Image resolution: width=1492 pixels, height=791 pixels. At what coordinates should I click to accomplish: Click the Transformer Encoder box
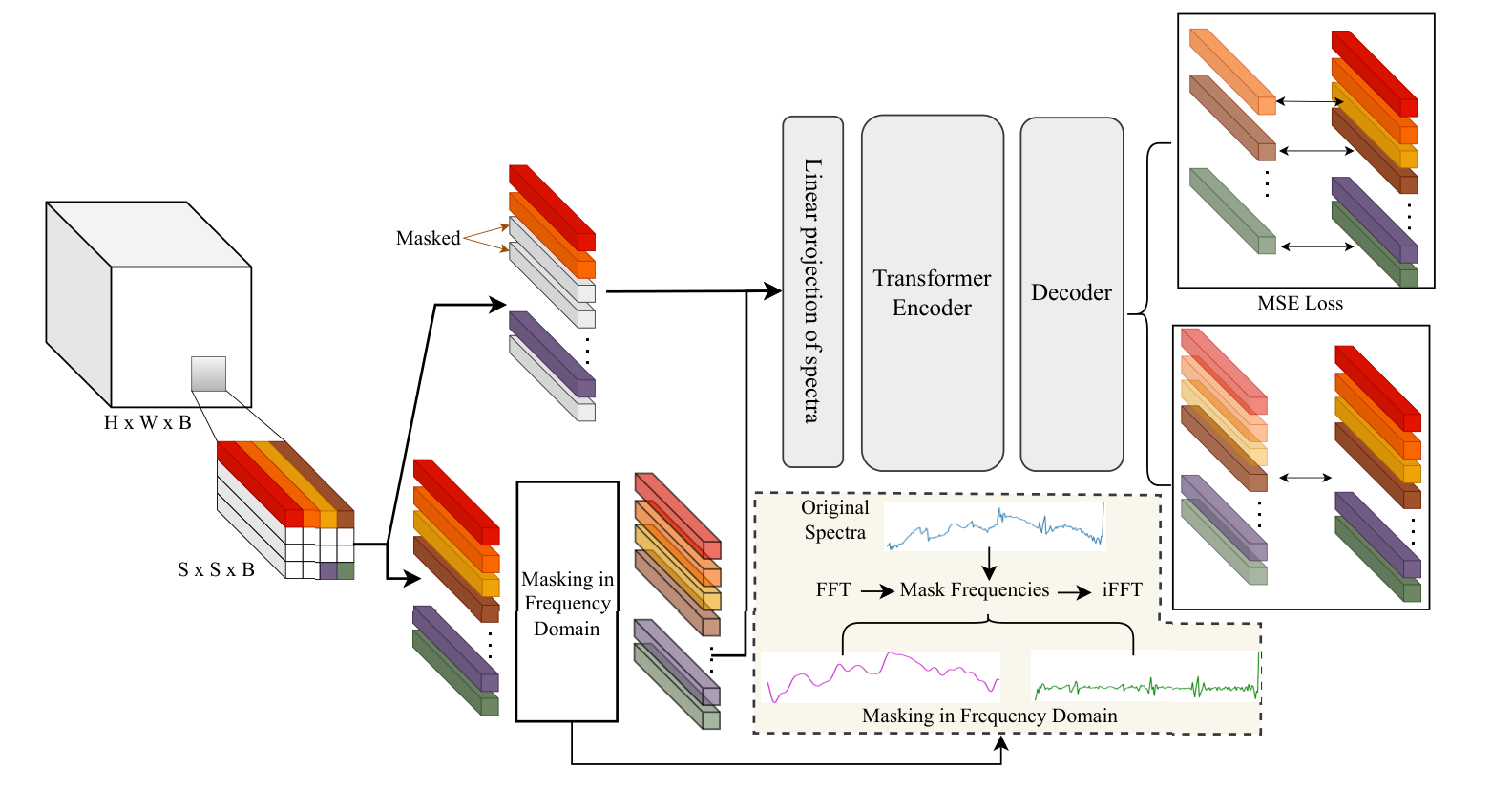tap(932, 292)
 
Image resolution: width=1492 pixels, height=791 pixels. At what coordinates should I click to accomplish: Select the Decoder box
tap(1071, 293)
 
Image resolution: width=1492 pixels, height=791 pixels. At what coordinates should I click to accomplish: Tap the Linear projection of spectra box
tap(812, 290)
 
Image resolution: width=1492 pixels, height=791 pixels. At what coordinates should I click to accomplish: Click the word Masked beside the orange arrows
tap(428, 238)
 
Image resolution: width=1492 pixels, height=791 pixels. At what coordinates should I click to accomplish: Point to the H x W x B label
tap(148, 422)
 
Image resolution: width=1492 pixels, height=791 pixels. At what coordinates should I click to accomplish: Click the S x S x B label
tap(216, 569)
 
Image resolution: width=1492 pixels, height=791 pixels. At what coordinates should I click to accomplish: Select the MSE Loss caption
tap(1299, 304)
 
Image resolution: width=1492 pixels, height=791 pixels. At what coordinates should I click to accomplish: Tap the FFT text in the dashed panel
tap(832, 589)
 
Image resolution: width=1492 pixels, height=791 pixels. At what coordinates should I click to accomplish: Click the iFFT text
tap(1122, 589)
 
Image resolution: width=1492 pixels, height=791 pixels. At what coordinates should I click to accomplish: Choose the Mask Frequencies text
tap(974, 589)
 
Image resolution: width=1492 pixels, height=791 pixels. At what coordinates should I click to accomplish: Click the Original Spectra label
tap(834, 520)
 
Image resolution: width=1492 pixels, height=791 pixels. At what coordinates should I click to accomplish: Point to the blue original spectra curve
tap(993, 526)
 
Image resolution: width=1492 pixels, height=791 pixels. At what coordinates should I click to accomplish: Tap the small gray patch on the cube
tap(208, 374)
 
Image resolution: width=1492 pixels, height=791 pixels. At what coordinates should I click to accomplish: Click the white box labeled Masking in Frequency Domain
tap(567, 602)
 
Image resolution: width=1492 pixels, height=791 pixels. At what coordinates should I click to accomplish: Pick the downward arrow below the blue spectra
tap(989, 561)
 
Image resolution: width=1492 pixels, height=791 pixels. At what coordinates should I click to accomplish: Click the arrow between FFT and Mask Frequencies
tap(876, 591)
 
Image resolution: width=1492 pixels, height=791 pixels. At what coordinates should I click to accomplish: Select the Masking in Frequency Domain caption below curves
tap(989, 716)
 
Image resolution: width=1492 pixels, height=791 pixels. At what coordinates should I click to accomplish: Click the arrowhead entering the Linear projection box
tap(772, 291)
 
